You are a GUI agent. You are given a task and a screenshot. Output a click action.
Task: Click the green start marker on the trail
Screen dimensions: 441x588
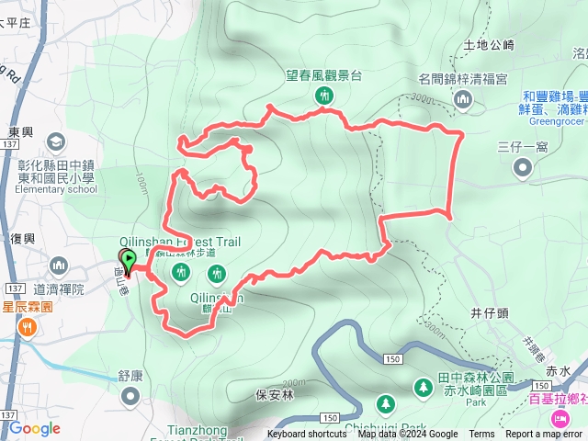[129, 259]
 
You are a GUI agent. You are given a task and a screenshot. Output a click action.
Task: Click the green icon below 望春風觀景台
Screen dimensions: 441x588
[323, 96]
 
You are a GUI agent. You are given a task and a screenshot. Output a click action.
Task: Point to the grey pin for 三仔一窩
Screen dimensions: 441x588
[523, 167]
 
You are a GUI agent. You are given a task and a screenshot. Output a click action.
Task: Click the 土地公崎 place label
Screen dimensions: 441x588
[489, 44]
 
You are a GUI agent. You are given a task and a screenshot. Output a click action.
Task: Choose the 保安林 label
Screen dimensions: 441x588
[274, 395]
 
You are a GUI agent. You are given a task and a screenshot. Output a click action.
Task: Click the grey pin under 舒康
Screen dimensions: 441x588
[130, 396]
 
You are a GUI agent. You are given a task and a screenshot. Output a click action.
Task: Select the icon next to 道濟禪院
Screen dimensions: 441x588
[60, 266]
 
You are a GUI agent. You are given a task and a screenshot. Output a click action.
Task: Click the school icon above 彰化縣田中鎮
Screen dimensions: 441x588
[56, 141]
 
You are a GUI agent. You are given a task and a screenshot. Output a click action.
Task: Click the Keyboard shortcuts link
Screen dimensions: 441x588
[307, 435]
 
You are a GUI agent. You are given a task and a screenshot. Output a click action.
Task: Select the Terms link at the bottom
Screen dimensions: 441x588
[481, 435]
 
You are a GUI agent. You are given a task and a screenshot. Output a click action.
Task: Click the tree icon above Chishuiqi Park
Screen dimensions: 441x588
[385, 403]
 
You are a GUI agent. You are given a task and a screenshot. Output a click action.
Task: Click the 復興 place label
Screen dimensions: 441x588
[22, 239]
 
